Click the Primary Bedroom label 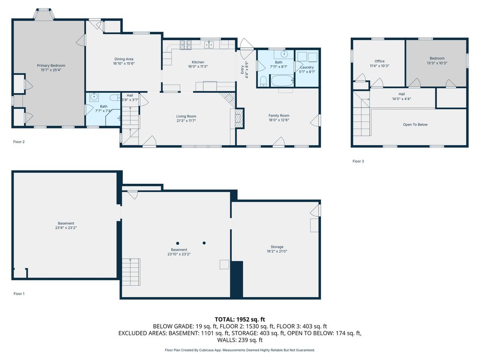(x=51, y=66)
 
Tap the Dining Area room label (x=124, y=59)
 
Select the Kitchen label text (x=198, y=62)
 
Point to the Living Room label (x=186, y=116)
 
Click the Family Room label (x=279, y=116)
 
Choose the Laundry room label (x=307, y=67)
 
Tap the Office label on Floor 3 (x=380, y=61)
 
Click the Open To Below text (x=415, y=125)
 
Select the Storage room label (x=277, y=247)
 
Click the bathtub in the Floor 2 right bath (x=283, y=81)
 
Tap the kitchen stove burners (x=186, y=45)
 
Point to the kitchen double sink (x=210, y=45)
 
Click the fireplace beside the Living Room (x=239, y=118)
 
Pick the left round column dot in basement (x=178, y=243)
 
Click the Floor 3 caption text (x=358, y=161)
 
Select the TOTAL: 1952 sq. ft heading (x=240, y=320)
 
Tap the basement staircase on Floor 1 (x=131, y=272)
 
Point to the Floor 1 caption (x=19, y=294)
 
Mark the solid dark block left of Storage (x=237, y=279)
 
